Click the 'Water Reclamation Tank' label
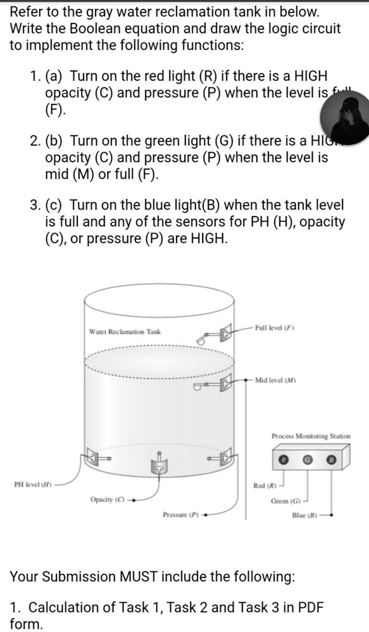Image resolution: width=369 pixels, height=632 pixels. tap(124, 331)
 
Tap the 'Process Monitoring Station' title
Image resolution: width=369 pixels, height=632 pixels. tap(311, 436)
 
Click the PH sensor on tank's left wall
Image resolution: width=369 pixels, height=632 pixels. tap(94, 456)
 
